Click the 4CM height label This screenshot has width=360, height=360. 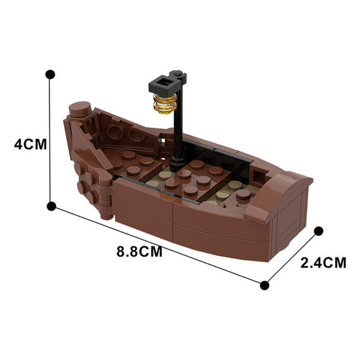tap(24, 143)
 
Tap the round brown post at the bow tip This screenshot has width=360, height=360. tap(80, 108)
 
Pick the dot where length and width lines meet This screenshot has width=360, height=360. tap(265, 285)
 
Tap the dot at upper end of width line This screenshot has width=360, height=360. tap(318, 232)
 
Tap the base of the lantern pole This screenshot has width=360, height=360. tap(177, 161)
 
